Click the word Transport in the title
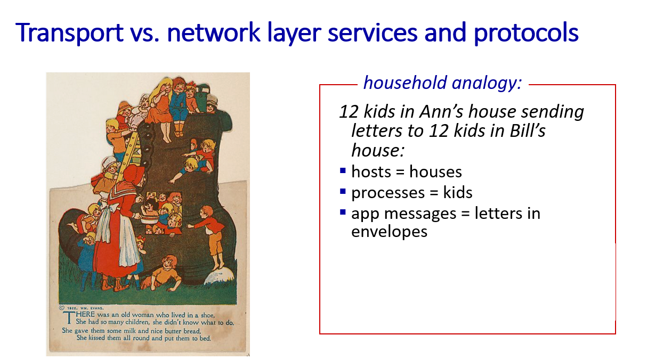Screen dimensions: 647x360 (x=69, y=32)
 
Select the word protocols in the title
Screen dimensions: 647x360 (x=526, y=33)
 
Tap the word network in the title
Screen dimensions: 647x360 (x=214, y=32)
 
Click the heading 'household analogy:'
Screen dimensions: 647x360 (x=442, y=83)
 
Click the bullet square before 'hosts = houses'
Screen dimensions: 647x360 (x=343, y=170)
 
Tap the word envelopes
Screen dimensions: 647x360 (x=389, y=232)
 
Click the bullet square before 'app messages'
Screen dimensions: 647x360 (x=343, y=212)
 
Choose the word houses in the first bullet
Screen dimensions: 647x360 (x=435, y=172)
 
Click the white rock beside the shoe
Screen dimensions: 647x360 (x=219, y=276)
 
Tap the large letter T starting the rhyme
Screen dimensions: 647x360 (x=69, y=317)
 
